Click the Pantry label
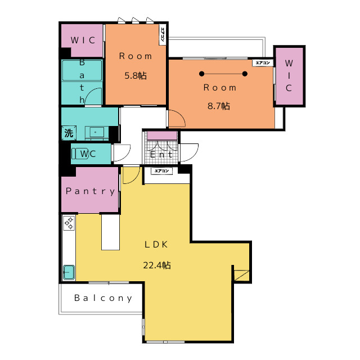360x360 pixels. point(90,191)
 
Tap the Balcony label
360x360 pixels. point(103,298)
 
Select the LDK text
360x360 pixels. point(157,245)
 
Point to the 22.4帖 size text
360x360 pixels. point(157,265)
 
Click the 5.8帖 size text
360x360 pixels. point(136,75)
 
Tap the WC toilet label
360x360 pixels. point(88,154)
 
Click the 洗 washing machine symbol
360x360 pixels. point(68,134)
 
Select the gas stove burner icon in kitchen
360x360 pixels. point(69,223)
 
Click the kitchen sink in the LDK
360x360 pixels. point(69,272)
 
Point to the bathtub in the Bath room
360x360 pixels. point(82,71)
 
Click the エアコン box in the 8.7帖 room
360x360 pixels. point(262,63)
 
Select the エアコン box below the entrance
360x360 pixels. point(162,170)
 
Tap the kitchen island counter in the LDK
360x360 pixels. point(110,233)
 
